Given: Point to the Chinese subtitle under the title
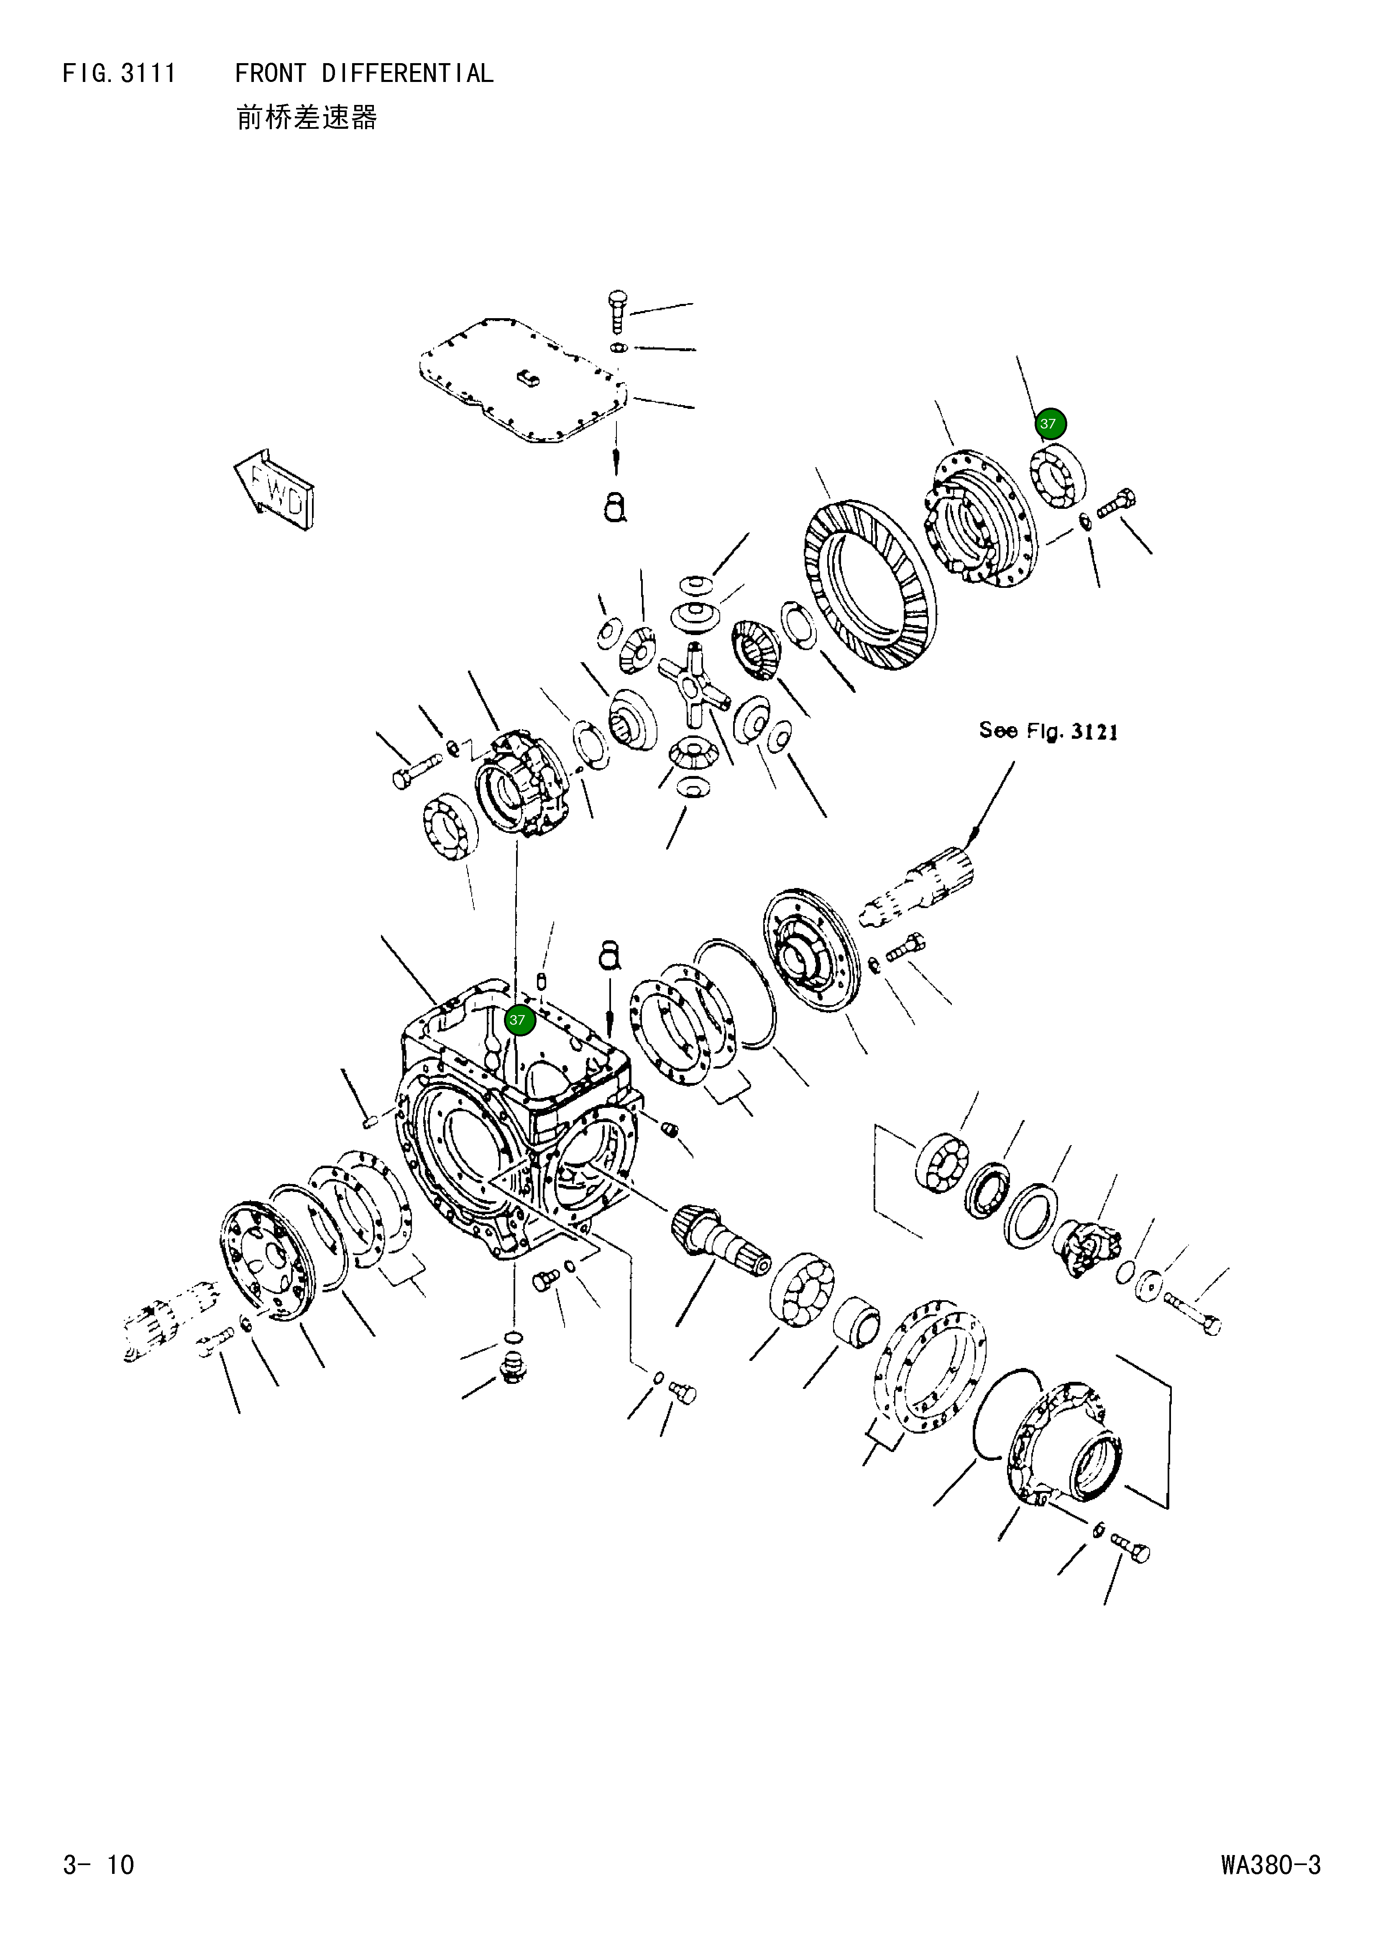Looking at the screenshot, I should point(307,117).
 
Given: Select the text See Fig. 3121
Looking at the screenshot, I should point(1048,730).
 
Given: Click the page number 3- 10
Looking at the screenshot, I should point(99,1865).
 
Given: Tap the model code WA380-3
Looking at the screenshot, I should point(1271,1865).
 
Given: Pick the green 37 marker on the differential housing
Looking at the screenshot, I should point(517,1020).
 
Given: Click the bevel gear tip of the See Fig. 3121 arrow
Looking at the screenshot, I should point(971,843).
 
